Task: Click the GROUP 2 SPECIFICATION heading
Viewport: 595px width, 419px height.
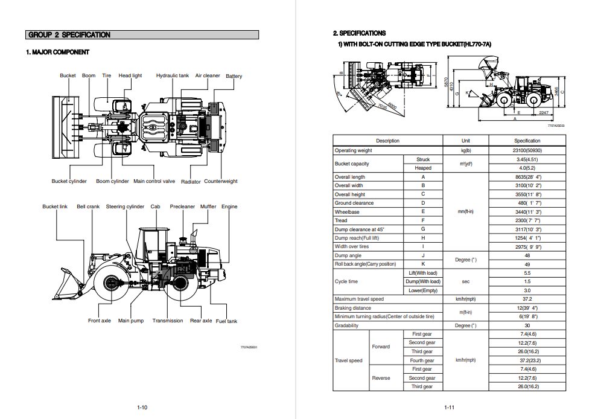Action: click(70, 35)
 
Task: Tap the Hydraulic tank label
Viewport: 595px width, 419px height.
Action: click(173, 75)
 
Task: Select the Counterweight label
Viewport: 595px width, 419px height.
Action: click(221, 181)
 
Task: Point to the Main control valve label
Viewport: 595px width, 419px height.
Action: click(154, 181)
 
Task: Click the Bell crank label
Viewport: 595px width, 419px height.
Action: click(88, 206)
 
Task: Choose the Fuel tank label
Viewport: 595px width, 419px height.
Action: click(226, 321)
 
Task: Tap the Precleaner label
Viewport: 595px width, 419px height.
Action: click(182, 206)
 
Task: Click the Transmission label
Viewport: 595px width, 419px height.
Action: click(168, 321)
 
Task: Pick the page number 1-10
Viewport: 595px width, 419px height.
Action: click(142, 408)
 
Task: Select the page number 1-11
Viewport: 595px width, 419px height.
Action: click(449, 408)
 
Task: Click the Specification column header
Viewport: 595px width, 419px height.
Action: click(527, 141)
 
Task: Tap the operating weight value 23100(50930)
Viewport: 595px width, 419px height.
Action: click(527, 150)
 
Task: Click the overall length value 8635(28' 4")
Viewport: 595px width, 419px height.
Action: click(527, 177)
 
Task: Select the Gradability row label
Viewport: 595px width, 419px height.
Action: click(346, 325)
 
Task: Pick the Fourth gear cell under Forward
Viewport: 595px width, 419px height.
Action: click(422, 360)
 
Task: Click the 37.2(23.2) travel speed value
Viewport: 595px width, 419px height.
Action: click(527, 360)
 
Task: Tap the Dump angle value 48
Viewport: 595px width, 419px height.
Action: click(527, 255)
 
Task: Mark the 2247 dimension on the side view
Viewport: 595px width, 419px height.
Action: click(543, 112)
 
